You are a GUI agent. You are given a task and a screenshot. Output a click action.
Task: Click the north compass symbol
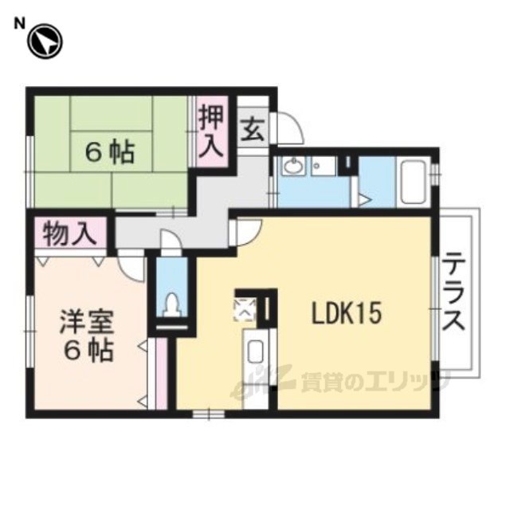(x=45, y=42)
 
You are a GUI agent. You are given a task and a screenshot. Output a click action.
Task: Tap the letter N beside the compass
(x=19, y=24)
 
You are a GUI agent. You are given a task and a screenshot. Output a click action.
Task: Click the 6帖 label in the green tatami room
(x=110, y=153)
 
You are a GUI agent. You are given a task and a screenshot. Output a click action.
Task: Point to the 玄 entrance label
(x=253, y=129)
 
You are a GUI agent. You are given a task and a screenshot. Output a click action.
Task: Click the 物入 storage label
(x=70, y=233)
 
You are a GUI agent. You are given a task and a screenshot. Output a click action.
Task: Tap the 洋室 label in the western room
(x=86, y=322)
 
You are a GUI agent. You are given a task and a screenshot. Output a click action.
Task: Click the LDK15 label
(x=346, y=314)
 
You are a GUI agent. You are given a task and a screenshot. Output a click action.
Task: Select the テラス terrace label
(x=454, y=292)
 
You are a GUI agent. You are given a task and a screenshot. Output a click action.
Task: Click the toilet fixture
(x=171, y=304)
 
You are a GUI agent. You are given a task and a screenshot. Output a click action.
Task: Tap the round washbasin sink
(x=294, y=167)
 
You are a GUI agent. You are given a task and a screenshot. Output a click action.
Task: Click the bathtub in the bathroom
(x=414, y=182)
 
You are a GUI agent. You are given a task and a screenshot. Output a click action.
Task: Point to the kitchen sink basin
(x=257, y=352)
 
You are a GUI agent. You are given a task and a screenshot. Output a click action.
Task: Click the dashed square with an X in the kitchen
(x=246, y=309)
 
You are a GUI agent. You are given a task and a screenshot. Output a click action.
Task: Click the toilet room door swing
(x=171, y=239)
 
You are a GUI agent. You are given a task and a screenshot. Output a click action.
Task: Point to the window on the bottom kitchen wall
(x=209, y=414)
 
